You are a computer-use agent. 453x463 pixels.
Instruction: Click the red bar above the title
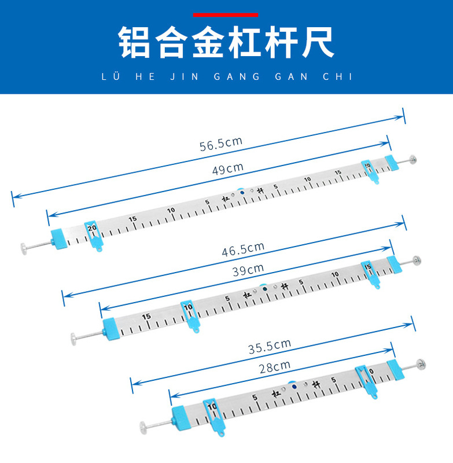(x=225, y=14)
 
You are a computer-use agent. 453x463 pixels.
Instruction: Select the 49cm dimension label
(x=227, y=168)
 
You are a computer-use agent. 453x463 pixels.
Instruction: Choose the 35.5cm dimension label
(x=270, y=347)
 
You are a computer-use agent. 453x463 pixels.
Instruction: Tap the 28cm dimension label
(x=274, y=366)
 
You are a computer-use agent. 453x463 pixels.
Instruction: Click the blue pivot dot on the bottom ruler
(x=294, y=385)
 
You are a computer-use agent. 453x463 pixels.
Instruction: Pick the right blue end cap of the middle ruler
(x=393, y=264)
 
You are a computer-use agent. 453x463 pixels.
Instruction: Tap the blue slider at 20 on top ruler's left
(x=93, y=234)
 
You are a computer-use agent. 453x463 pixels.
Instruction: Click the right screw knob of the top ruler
(x=413, y=159)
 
